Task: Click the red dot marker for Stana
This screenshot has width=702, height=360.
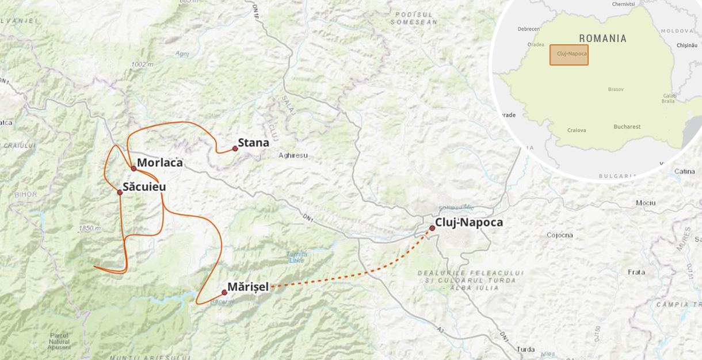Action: point(235,148)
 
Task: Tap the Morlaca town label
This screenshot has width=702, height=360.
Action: point(160,163)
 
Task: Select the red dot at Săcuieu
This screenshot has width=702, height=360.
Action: point(120,192)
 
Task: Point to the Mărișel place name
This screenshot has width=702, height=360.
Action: point(248,286)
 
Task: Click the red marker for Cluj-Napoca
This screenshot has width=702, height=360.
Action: point(432,228)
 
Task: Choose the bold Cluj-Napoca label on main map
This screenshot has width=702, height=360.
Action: point(469,223)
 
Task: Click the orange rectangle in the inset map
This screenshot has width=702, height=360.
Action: point(569,55)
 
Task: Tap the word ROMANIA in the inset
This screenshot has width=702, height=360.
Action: point(602,39)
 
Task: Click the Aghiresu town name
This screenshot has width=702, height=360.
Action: point(293,155)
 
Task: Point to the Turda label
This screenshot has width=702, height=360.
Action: point(525,349)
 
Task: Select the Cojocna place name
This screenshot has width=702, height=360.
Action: point(559,235)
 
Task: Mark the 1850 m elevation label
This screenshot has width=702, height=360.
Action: point(90,228)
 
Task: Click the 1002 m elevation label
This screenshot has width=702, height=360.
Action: point(142,64)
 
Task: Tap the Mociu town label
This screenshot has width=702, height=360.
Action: point(646,203)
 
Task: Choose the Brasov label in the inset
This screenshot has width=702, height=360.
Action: point(616,89)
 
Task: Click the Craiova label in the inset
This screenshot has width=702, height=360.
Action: point(576,130)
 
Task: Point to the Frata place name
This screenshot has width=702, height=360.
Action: point(636,272)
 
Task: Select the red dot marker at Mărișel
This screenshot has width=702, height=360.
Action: point(224,292)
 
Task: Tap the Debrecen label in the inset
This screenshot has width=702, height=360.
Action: point(528,29)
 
